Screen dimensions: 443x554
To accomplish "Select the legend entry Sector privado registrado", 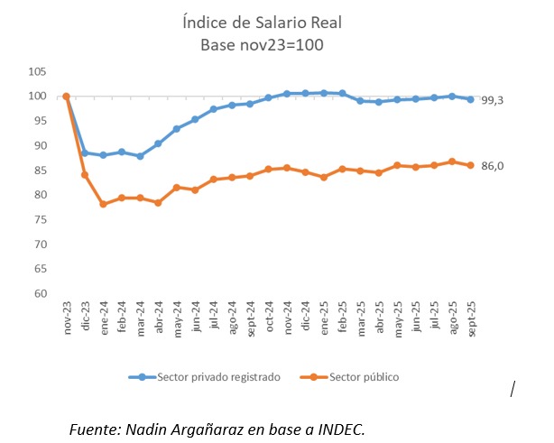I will (206, 377).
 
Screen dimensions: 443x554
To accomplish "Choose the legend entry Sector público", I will (360, 377).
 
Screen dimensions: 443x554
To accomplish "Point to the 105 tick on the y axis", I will (38, 71).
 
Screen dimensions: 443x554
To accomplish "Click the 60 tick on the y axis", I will (41, 293).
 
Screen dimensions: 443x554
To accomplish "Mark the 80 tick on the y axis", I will (41, 195).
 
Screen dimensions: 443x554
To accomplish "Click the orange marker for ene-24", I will (103, 204).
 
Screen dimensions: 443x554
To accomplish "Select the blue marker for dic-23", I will (85, 152).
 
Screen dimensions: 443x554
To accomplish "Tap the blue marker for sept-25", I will (470, 99).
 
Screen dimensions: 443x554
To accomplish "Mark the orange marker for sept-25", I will (470, 165).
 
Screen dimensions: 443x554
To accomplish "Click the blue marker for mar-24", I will (140, 156).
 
